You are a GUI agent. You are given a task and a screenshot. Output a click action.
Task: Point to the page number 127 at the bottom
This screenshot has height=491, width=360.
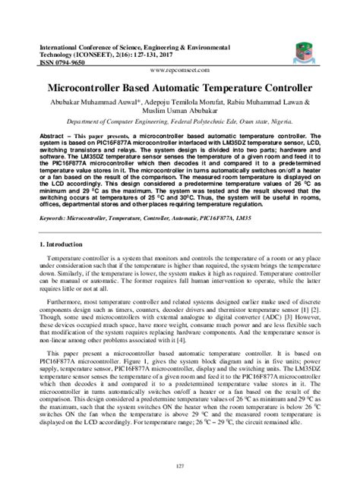click(x=179, y=466)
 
